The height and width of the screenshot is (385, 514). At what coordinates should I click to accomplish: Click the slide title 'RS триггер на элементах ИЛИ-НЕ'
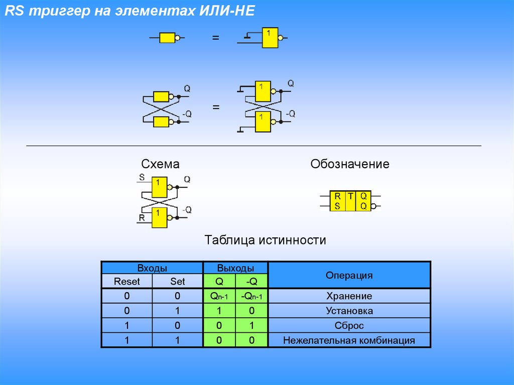point(130,11)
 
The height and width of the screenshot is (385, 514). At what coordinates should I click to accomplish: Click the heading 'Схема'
point(160,164)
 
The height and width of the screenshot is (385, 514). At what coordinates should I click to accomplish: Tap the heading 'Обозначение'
point(350,164)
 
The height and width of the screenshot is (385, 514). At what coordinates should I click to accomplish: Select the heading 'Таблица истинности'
point(265,240)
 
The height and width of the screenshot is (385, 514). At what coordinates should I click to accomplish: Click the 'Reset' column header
point(127,282)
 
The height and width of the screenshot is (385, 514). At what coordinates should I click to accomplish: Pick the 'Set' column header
point(177,282)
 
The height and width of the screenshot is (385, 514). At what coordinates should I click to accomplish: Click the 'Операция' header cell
point(349,275)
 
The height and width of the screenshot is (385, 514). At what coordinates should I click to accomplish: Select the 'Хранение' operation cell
point(349,296)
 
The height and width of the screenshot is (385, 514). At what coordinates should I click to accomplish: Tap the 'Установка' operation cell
point(349,311)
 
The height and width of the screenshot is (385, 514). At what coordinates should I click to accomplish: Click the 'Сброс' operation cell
point(349,326)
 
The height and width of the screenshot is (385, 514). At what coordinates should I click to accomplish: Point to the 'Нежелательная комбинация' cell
point(349,340)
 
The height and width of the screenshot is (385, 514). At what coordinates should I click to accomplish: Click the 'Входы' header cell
point(152,268)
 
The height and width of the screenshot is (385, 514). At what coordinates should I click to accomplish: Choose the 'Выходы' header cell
point(235,268)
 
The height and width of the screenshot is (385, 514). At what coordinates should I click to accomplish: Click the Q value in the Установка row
point(219,311)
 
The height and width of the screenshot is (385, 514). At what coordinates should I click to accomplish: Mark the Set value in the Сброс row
point(177,326)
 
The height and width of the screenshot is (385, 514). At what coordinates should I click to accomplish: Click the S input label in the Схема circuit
point(142,177)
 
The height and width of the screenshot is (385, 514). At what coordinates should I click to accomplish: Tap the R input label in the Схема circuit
point(142,217)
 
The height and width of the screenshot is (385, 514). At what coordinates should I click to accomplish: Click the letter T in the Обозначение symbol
point(350,196)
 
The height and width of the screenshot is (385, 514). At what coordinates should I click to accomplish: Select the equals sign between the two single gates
point(215,38)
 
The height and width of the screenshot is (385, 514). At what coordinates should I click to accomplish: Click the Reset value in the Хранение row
point(127,296)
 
